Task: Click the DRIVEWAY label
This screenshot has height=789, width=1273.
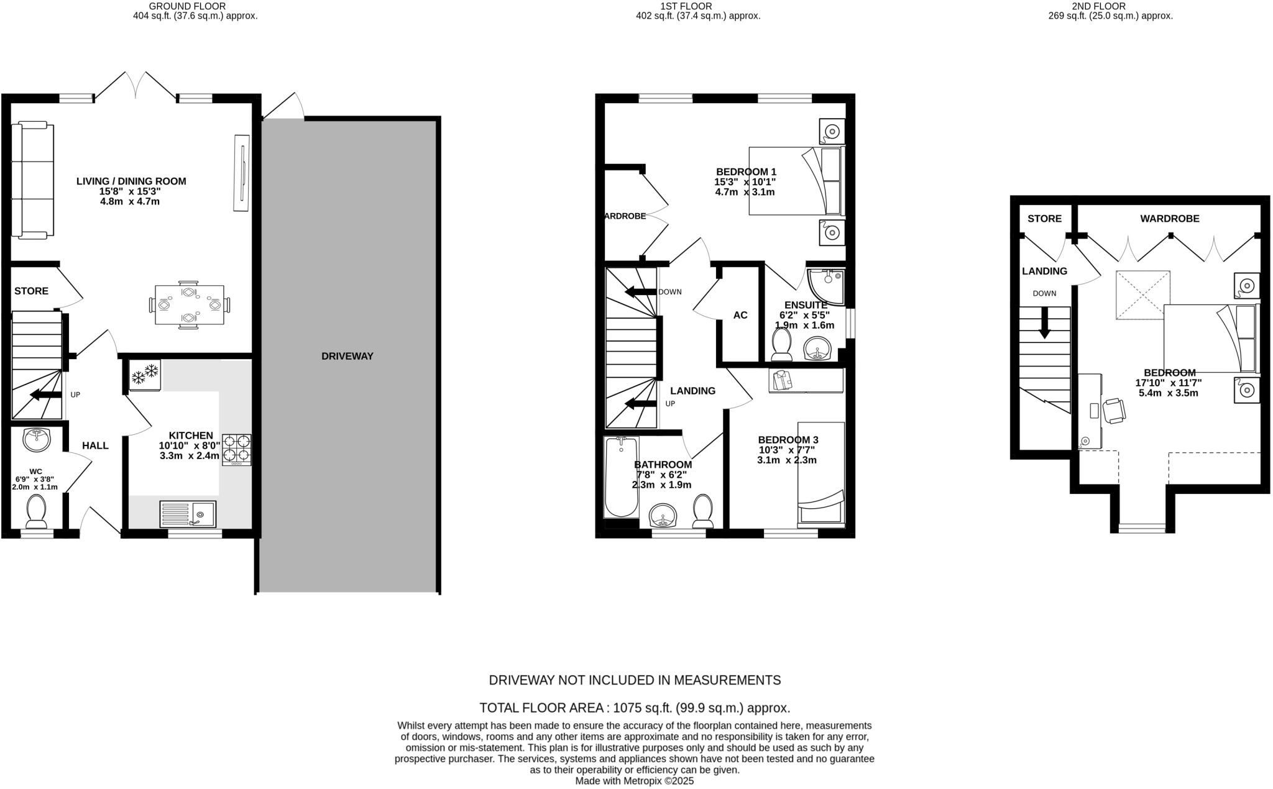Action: (x=347, y=356)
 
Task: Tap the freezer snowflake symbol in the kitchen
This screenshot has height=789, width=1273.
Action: (x=145, y=374)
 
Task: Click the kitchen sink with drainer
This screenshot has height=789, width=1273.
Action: (x=188, y=514)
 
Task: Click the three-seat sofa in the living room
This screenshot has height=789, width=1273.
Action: (x=33, y=181)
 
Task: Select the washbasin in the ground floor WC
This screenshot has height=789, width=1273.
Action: (x=37, y=440)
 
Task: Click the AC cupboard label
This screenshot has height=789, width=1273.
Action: (x=740, y=315)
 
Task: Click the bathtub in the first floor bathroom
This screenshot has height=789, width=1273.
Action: (x=620, y=477)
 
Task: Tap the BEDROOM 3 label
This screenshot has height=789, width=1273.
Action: (x=788, y=440)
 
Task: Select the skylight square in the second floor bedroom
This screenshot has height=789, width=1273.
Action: (x=1142, y=295)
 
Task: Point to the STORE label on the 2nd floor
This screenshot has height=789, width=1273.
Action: (x=1044, y=219)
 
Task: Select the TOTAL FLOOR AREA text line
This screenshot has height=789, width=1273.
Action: (x=635, y=708)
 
